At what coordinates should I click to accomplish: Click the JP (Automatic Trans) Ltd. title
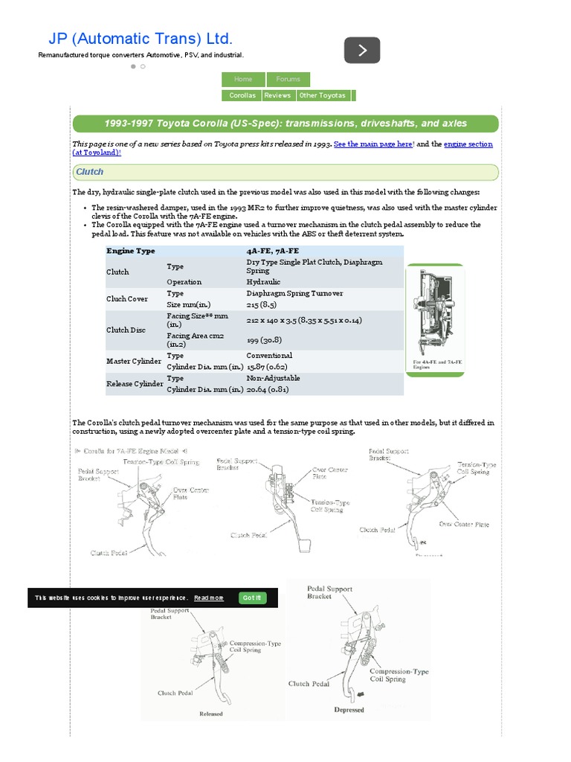(141, 39)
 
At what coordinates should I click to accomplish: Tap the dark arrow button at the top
(362, 51)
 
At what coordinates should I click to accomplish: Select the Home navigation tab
(243, 79)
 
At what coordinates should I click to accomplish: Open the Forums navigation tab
(288, 79)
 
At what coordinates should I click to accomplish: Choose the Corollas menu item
(242, 95)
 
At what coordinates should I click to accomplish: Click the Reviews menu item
(277, 95)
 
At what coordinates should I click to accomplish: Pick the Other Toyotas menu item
(323, 95)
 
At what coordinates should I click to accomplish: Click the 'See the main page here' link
(373, 144)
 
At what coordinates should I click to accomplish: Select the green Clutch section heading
(90, 172)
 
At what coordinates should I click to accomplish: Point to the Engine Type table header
(131, 252)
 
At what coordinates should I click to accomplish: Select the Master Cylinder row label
(134, 361)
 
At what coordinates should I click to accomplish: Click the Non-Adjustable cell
(274, 378)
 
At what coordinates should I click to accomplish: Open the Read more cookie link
(208, 598)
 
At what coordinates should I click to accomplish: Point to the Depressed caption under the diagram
(349, 710)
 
